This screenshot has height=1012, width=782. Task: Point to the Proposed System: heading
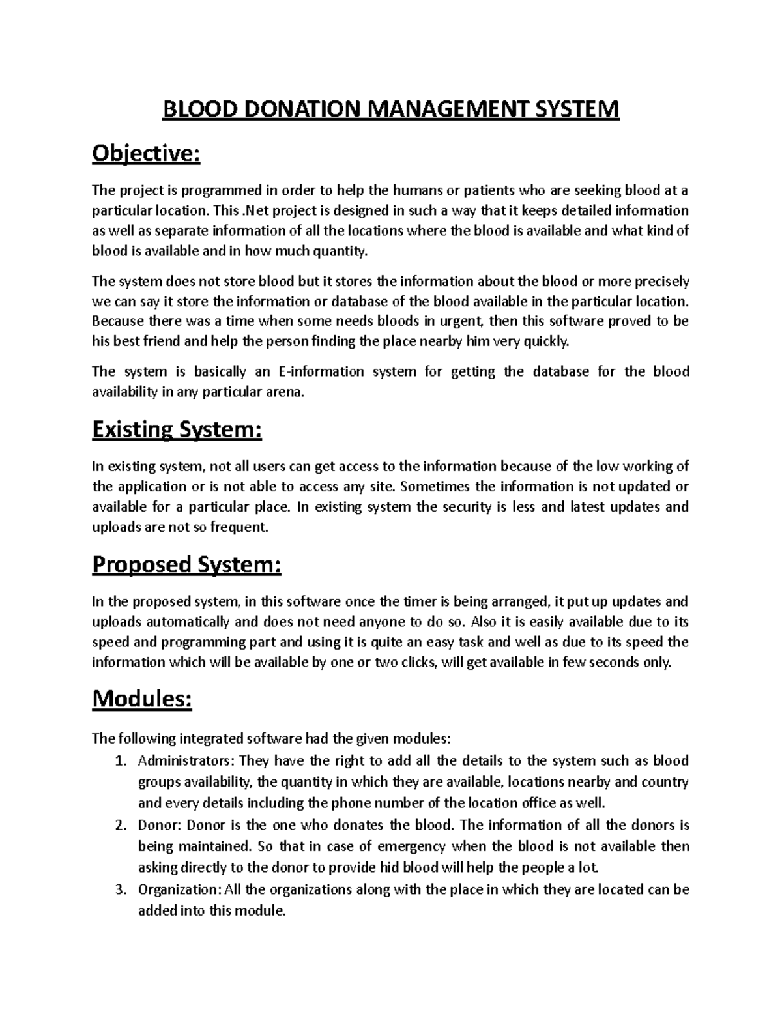[x=186, y=564]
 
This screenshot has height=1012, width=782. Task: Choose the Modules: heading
[x=142, y=699]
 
